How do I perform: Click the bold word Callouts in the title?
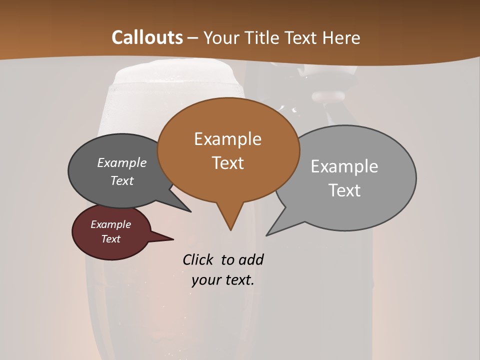(147, 37)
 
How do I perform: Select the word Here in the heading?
(341, 37)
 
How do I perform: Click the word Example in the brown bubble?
(227, 139)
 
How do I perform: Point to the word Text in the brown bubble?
(227, 163)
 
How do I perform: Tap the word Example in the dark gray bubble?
(121, 162)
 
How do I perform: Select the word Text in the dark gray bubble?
(121, 180)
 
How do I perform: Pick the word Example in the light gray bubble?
(344, 166)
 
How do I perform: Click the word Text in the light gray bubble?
(344, 190)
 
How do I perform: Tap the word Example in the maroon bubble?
(110, 224)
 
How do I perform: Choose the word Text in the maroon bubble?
(110, 239)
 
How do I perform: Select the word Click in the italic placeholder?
(198, 259)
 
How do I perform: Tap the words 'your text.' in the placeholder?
(222, 280)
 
